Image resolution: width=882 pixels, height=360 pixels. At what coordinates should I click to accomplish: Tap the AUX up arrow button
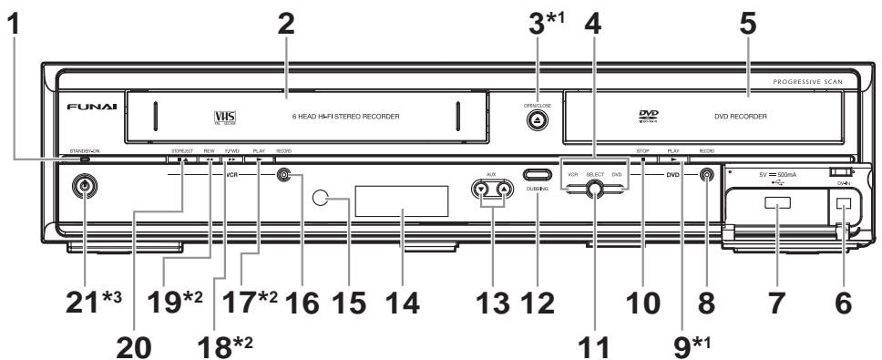[503, 190]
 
